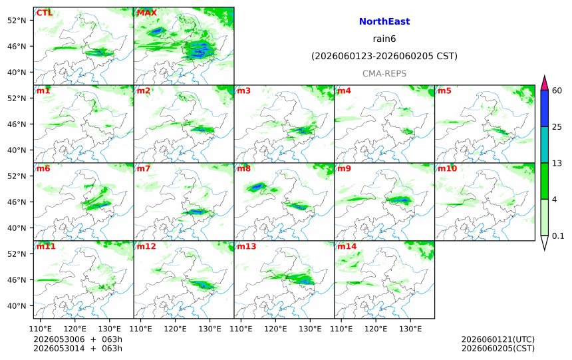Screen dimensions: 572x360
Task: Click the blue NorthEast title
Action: [384, 21]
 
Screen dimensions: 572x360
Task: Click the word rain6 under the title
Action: [384, 39]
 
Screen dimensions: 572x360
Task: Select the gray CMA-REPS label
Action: [384, 73]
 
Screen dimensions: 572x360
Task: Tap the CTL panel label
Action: [44, 13]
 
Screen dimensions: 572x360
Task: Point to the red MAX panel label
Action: [146, 13]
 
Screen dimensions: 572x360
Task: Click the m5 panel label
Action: [444, 90]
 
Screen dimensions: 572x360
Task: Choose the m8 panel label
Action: [243, 168]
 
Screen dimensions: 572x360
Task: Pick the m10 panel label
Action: [447, 168]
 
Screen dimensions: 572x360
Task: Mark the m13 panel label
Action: [247, 246]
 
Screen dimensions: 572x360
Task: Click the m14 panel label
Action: [347, 246]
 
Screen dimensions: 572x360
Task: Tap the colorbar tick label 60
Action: [557, 90]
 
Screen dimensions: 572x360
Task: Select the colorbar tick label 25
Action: [557, 126]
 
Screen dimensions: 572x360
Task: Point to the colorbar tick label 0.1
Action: [558, 236]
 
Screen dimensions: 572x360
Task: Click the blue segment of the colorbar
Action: [544, 108]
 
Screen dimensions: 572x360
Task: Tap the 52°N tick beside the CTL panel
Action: [17, 20]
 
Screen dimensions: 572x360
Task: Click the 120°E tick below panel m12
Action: [175, 329]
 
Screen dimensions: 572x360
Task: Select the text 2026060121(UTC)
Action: [498, 339]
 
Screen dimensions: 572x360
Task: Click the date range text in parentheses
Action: [384, 56]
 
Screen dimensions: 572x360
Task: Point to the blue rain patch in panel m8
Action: [257, 187]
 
